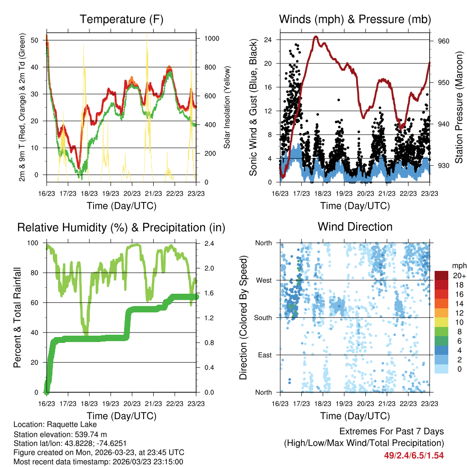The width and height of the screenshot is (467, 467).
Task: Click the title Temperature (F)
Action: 121,19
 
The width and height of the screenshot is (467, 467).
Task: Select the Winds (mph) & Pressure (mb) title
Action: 355,19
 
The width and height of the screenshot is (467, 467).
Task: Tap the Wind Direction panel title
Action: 355,226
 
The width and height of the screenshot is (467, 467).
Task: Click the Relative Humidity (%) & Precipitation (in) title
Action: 121,227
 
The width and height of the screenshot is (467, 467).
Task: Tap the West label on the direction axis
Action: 264,280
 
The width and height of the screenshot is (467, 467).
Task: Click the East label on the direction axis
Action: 265,355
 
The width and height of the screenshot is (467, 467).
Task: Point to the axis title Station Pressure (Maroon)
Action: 459,106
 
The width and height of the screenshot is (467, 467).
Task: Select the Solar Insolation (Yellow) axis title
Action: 227,107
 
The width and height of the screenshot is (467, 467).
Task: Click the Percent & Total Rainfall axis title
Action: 17,317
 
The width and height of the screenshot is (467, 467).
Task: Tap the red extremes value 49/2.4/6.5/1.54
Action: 414,455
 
